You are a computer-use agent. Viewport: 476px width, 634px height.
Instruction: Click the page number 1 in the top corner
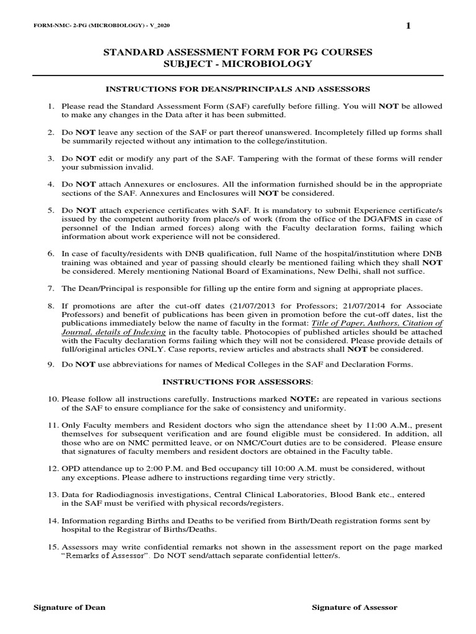pyautogui.click(x=407, y=25)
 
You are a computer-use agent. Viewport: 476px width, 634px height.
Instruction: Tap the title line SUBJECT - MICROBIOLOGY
pyautogui.click(x=237, y=64)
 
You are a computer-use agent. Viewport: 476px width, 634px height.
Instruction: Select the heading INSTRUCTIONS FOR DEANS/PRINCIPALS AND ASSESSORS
pyautogui.click(x=237, y=89)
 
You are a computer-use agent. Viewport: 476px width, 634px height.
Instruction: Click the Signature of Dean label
pyautogui.click(x=69, y=607)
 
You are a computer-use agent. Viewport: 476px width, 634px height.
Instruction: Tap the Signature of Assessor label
pyautogui.click(x=354, y=607)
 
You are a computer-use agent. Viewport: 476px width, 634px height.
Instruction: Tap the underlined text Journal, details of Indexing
pyautogui.click(x=113, y=332)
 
